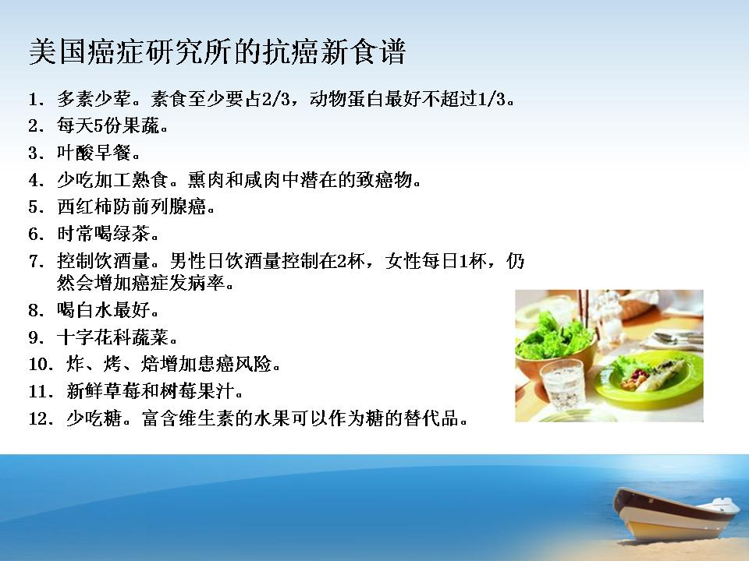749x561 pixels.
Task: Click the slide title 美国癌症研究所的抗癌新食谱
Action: [x=218, y=51]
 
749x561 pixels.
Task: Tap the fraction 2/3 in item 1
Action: [x=276, y=99]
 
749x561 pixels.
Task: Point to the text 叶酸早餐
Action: [x=94, y=153]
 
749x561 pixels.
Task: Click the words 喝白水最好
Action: [x=103, y=311]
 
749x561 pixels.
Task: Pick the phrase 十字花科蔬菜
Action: [x=112, y=337]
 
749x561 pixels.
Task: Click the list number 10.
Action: [x=41, y=365]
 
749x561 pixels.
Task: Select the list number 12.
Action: [x=41, y=419]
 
